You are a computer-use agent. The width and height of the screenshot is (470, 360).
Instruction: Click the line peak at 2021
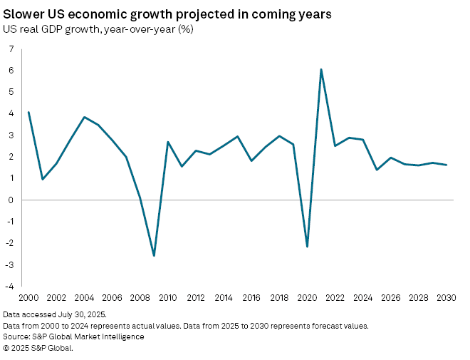coord(321,69)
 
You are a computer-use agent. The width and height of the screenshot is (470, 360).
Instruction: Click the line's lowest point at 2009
coord(154,255)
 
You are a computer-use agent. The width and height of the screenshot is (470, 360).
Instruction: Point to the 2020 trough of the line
coord(307,247)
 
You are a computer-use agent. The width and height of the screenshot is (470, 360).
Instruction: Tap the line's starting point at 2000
coord(28,112)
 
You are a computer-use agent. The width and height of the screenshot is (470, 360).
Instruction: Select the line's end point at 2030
coord(446,165)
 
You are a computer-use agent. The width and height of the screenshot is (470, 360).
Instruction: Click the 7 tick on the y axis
coord(11,48)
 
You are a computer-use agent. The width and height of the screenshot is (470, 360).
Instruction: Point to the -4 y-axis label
coord(9,287)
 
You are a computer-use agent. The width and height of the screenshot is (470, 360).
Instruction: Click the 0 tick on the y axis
coord(11,200)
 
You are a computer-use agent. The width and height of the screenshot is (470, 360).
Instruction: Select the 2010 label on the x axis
coord(168,297)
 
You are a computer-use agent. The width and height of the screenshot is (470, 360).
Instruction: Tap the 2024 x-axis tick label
coord(362,297)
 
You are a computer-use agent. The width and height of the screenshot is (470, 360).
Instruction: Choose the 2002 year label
coord(56,297)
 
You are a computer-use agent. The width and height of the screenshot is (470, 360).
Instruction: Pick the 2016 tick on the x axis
coord(251,297)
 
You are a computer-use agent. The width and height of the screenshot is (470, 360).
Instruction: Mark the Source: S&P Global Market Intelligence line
coord(73,336)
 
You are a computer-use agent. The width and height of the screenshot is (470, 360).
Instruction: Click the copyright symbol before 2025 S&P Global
coord(6,348)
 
